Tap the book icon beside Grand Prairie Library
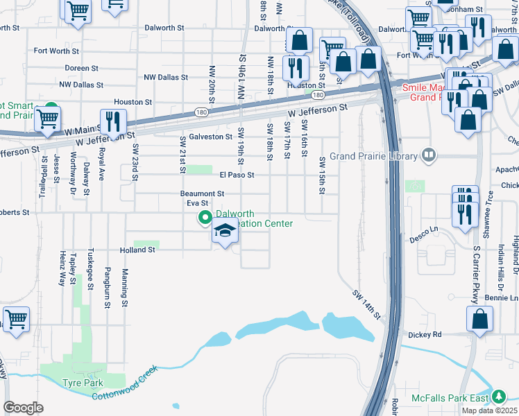click(x=429, y=155)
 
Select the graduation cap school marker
click(x=225, y=232)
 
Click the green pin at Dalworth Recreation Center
click(x=205, y=218)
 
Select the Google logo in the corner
click(x=24, y=408)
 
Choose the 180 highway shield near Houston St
click(x=317, y=94)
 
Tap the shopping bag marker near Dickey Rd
click(x=479, y=320)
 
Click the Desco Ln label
click(x=424, y=229)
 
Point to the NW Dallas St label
click(x=81, y=85)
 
